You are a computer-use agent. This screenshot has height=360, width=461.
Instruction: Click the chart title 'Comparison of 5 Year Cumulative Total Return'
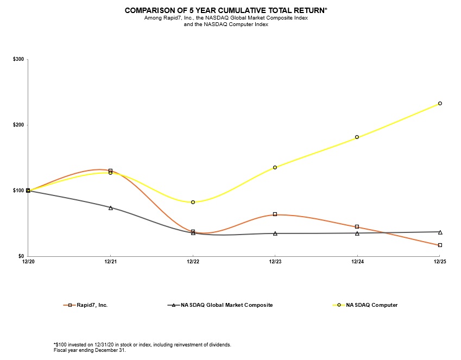[226, 10]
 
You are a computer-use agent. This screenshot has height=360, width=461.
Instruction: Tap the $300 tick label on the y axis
[17, 59]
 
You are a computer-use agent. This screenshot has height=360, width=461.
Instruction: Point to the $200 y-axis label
[17, 125]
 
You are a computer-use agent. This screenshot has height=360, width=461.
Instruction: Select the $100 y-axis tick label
[17, 191]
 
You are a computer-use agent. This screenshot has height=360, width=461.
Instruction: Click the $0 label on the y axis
[20, 256]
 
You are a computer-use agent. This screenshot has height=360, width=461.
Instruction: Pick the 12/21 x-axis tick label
[110, 262]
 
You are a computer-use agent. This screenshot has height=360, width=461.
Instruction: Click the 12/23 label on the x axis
[275, 262]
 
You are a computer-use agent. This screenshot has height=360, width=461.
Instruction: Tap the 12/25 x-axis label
[439, 262]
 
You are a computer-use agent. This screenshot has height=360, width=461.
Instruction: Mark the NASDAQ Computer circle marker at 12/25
[440, 103]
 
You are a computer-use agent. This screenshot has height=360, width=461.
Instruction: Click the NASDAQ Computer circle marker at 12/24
[357, 137]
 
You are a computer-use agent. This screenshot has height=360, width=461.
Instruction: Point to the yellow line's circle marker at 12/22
[193, 202]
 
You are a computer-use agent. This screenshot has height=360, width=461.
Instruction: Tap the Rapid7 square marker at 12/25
[440, 245]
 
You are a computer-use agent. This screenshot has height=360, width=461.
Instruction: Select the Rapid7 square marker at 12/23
[275, 214]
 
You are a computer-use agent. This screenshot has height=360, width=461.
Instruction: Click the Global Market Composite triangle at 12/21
[110, 207]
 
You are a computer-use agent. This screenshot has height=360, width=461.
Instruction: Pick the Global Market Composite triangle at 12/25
[440, 232]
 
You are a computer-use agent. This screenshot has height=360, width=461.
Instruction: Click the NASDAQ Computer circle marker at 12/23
[275, 167]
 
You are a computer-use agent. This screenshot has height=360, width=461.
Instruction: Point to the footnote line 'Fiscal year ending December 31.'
[90, 350]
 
